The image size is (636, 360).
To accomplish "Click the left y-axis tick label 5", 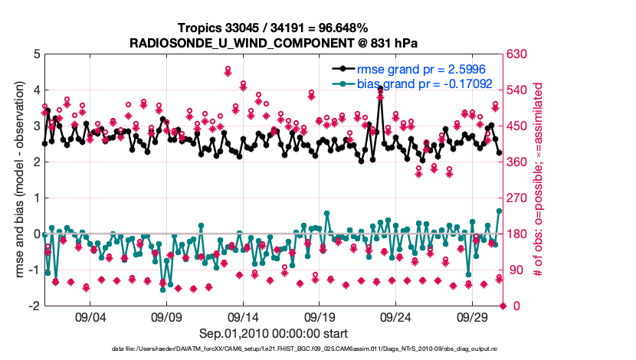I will point(35,54).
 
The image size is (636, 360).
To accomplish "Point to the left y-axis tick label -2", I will point(34,306).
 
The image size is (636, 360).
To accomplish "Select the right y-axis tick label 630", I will point(518,54).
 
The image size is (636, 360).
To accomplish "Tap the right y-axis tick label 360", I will point(518,162).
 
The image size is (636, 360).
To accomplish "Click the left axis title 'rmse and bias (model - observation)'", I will point(17,180).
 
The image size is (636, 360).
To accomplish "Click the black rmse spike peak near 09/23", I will point(380,90).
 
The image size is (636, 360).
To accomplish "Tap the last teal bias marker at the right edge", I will point(500,211).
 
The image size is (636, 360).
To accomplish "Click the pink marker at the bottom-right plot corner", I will point(503,306).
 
